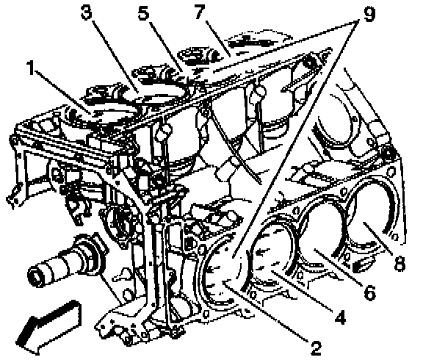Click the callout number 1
click(32, 68)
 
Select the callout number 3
click(87, 12)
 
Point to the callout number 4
click(341, 317)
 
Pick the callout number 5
click(144, 12)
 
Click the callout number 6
click(369, 292)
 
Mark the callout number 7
click(200, 12)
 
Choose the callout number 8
click(399, 263)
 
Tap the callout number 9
click(369, 14)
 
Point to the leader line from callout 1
click(62, 92)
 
